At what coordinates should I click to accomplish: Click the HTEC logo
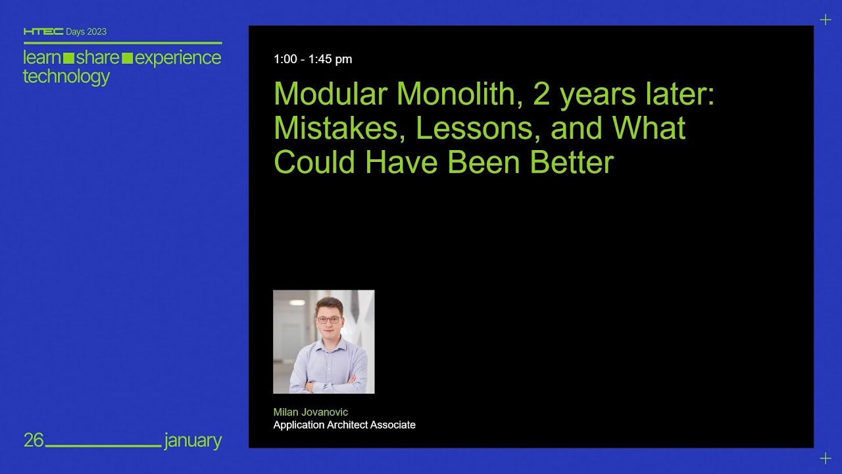[43, 32]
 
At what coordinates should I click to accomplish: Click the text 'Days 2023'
[86, 32]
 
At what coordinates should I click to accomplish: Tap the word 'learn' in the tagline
[42, 57]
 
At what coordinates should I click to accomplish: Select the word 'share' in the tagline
[97, 57]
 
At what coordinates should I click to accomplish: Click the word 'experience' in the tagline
[178, 57]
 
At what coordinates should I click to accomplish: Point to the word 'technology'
[66, 76]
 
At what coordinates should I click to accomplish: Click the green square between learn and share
[68, 58]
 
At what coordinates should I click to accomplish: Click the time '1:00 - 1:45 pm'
[312, 59]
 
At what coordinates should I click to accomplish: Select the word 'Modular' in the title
[330, 94]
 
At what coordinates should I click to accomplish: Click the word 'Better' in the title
[572, 162]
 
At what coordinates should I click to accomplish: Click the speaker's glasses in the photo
[328, 320]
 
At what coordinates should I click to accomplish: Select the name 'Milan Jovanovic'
[310, 412]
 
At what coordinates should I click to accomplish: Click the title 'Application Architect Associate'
[344, 425]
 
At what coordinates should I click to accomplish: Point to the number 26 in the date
[34, 440]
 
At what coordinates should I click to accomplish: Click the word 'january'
[193, 440]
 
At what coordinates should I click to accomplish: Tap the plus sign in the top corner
[826, 20]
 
